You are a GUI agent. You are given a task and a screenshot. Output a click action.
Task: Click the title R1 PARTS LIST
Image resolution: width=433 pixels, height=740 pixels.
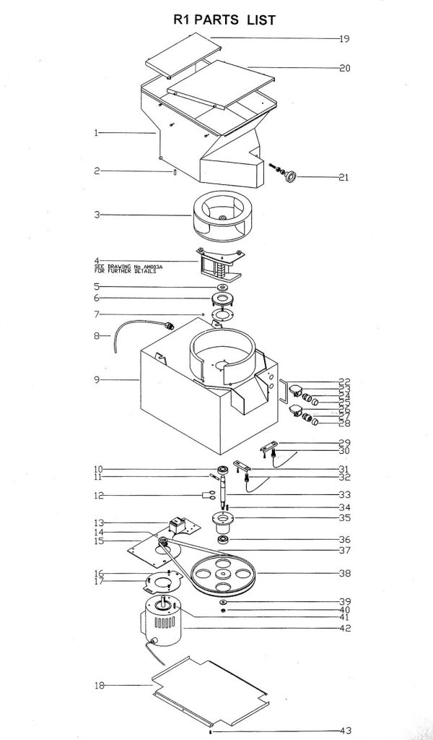click(x=224, y=20)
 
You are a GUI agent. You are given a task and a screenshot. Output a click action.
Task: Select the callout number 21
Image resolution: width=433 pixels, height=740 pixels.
click(x=344, y=177)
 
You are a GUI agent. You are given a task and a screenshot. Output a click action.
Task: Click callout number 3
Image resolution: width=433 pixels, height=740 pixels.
click(x=96, y=215)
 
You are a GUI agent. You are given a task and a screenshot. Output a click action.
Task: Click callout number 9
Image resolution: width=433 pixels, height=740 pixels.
click(x=96, y=379)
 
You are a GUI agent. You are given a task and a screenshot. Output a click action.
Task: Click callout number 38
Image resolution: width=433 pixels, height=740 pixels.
click(x=344, y=574)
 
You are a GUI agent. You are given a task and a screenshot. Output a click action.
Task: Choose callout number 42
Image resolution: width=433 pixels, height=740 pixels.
click(x=344, y=629)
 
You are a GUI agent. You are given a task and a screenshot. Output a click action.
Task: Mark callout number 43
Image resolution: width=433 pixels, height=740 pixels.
click(x=344, y=730)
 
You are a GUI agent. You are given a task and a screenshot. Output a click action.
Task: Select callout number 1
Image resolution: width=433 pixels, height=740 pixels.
click(x=96, y=133)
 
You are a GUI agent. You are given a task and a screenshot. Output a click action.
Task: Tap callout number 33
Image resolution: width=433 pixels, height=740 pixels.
click(x=344, y=494)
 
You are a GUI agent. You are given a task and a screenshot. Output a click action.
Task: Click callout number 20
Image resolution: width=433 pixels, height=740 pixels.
click(x=344, y=69)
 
